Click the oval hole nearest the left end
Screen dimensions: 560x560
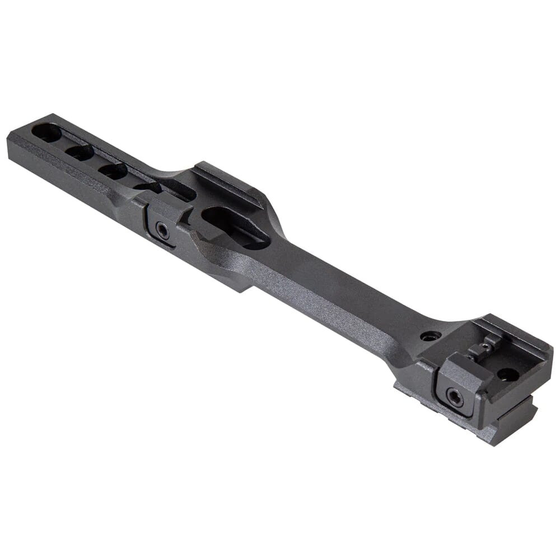[46, 133]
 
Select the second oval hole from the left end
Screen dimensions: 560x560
[80, 152]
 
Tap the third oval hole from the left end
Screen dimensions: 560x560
[114, 171]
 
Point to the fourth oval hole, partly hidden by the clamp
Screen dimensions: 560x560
[147, 187]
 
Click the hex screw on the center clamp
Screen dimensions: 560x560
[162, 229]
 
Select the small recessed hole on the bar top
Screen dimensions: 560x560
[430, 336]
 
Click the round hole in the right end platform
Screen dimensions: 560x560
[508, 374]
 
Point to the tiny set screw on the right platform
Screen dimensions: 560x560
[485, 347]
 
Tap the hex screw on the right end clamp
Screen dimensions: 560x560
[455, 397]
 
